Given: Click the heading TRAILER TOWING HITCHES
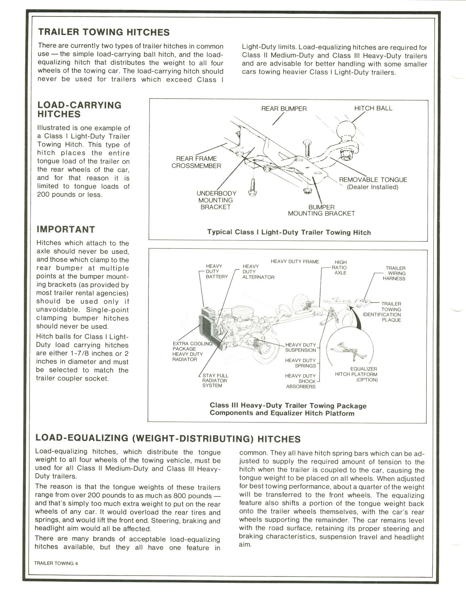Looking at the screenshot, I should click(x=104, y=32).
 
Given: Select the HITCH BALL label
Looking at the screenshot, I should click(x=373, y=108).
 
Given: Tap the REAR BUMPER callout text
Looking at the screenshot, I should click(x=284, y=109).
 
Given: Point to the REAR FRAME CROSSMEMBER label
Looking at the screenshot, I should click(x=196, y=162).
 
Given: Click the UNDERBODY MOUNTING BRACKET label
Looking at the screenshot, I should click(x=216, y=200).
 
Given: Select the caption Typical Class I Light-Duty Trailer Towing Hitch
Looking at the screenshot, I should click(x=289, y=232).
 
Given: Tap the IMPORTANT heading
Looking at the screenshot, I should click(x=66, y=230).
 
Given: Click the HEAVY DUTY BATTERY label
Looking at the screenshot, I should click(x=217, y=272).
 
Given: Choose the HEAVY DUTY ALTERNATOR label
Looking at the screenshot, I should click(x=258, y=272).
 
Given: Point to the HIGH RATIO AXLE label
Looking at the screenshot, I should click(x=340, y=268).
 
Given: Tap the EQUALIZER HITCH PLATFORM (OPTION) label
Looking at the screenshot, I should click(x=356, y=374).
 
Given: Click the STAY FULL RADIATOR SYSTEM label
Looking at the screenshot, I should click(x=215, y=380).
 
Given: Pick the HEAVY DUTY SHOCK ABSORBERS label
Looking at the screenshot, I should click(x=300, y=381).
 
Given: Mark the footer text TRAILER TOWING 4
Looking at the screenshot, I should click(x=56, y=563).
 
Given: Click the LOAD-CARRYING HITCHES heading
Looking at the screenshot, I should click(x=79, y=109).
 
